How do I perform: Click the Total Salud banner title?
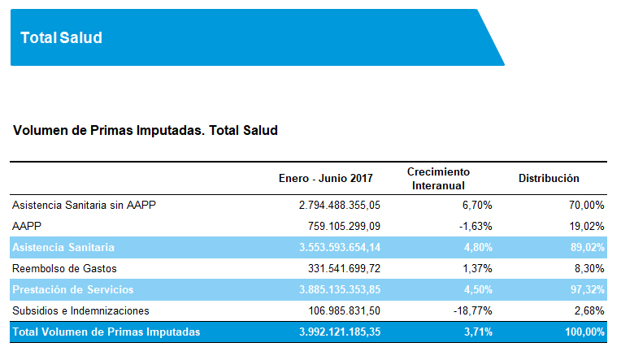click(x=61, y=37)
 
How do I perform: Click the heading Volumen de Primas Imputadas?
click(x=146, y=130)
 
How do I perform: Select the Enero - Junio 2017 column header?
click(x=325, y=178)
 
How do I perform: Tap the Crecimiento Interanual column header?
click(x=438, y=178)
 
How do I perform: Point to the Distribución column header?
click(x=549, y=178)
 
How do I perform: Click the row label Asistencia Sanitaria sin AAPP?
click(x=85, y=206)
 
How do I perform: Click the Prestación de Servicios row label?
click(x=73, y=289)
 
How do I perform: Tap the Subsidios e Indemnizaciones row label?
click(x=81, y=310)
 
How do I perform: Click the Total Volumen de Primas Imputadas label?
click(x=106, y=332)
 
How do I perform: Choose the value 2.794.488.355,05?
click(x=339, y=206)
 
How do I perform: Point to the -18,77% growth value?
click(x=472, y=310)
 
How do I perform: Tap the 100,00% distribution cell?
click(x=584, y=332)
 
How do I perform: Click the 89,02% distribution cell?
click(x=587, y=247)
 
